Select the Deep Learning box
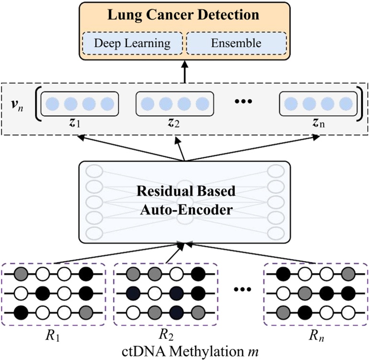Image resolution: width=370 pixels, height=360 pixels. [132, 43]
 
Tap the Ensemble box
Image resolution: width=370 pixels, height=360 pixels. [236, 43]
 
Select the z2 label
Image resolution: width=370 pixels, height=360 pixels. [173, 124]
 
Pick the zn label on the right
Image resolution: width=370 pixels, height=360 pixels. [318, 124]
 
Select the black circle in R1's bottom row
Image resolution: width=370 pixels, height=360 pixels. [21, 313]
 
